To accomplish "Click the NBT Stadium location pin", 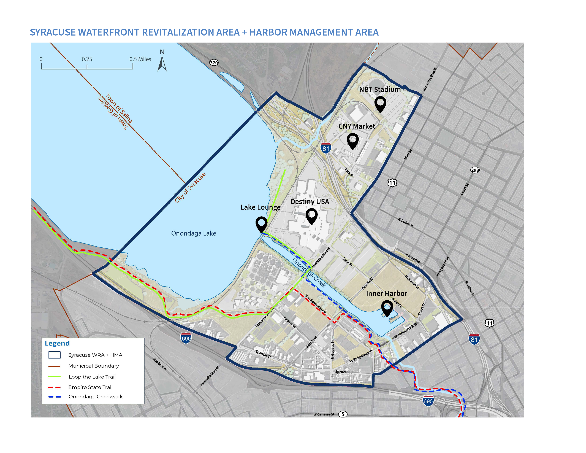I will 380,104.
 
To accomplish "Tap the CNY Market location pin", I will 352,141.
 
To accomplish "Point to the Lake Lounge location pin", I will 261,224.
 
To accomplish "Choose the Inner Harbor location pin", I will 387,308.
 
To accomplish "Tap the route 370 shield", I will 214,63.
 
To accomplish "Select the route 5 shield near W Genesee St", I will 343,414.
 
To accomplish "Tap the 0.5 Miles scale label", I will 140,59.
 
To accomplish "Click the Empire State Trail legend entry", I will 90,387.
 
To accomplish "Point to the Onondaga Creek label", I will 309,273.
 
